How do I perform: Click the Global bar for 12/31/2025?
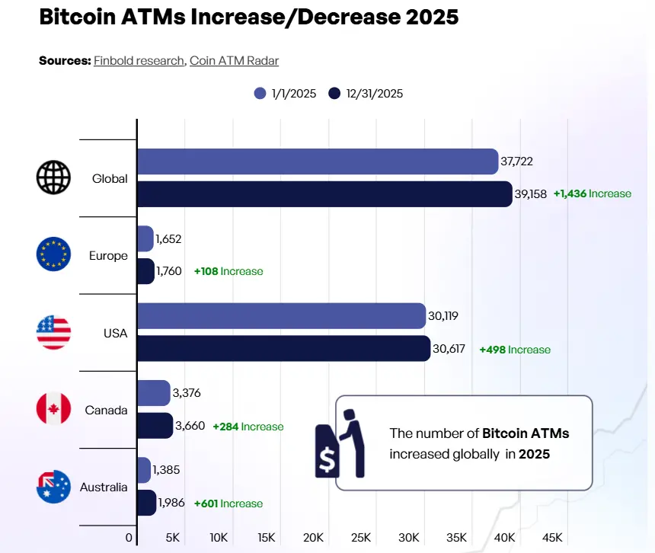(x=324, y=194)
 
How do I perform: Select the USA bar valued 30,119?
(x=280, y=316)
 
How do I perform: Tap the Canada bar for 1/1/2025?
(x=153, y=393)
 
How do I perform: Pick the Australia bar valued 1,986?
(x=146, y=503)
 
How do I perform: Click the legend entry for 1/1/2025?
(x=285, y=94)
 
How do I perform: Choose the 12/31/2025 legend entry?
(x=366, y=94)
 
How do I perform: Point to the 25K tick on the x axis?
(x=361, y=538)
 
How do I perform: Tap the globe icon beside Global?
(x=53, y=178)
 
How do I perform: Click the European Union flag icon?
(x=53, y=255)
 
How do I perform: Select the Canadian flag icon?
(x=53, y=410)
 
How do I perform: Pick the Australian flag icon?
(x=53, y=487)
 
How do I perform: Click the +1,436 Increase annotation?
(x=593, y=194)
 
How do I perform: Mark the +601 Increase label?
(x=228, y=503)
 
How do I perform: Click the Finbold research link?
(x=139, y=60)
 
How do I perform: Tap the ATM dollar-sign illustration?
(x=339, y=443)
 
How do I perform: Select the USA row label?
(x=116, y=333)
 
